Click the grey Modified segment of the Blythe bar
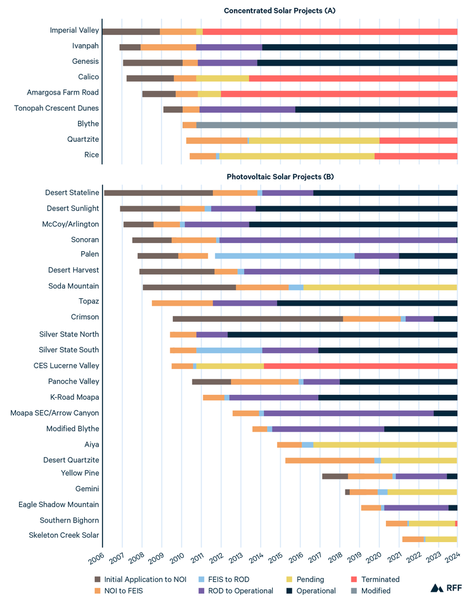coord(326,125)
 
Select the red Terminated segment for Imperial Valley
coord(329,31)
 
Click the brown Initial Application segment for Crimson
coord(257,319)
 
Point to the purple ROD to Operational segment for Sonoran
coord(338,240)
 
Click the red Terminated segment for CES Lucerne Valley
coord(360,366)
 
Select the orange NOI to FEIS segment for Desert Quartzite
coord(330,460)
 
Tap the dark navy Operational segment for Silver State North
coord(342,335)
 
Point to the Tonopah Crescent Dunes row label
coord(56,109)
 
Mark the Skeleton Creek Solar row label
coord(63,535)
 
